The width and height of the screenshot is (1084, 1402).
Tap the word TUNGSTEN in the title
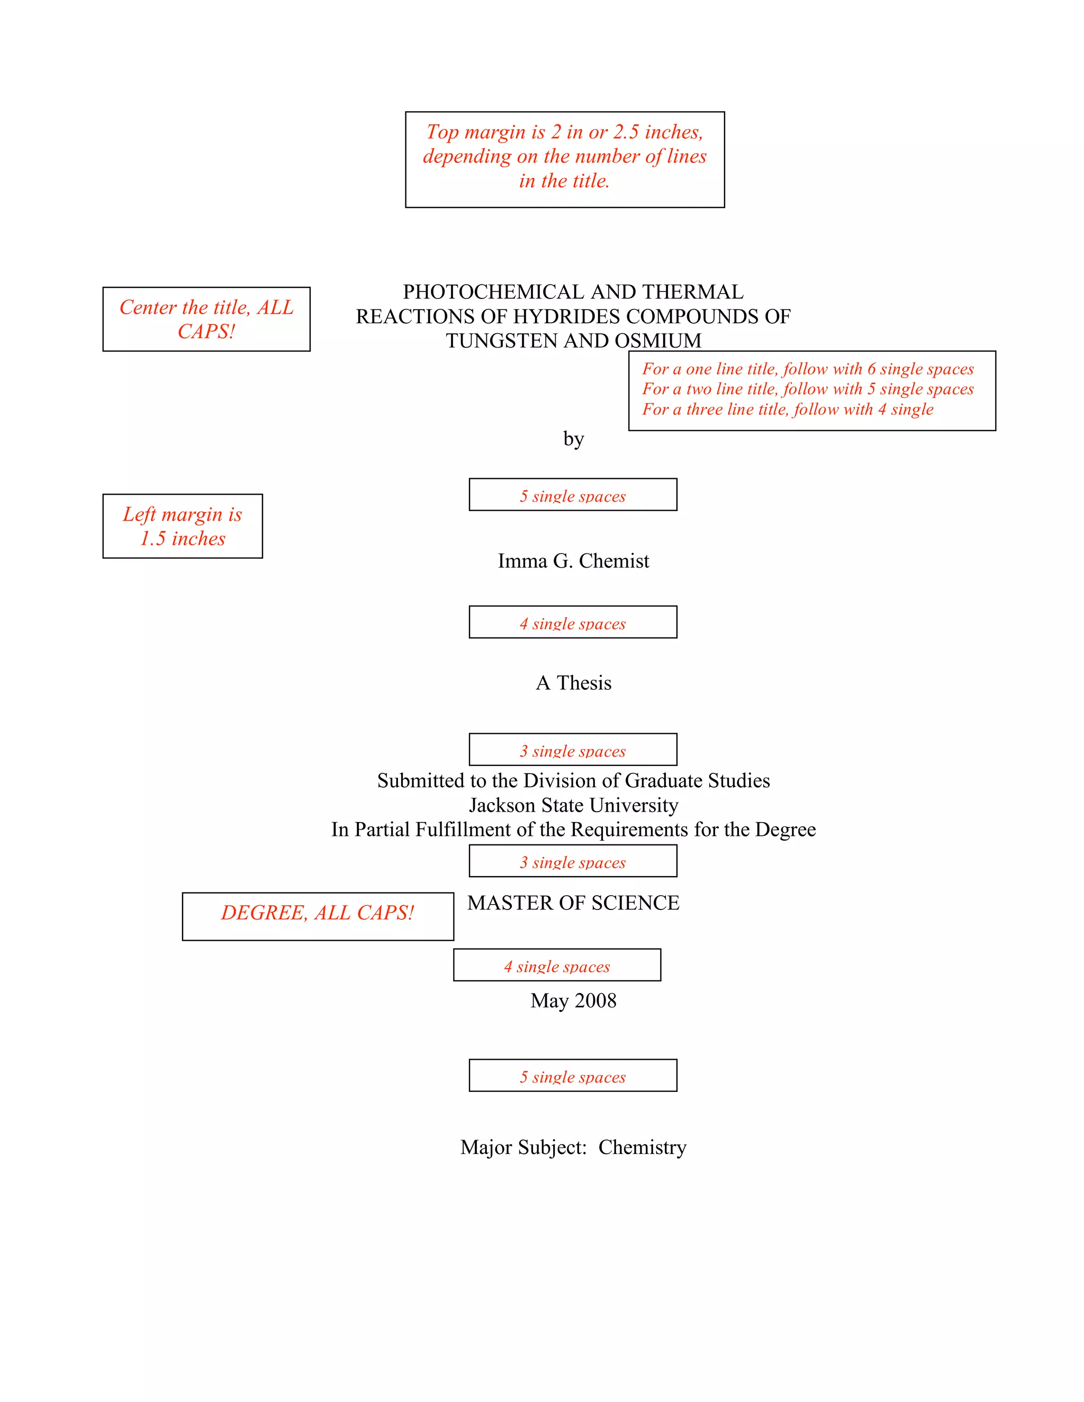pyautogui.click(x=493, y=341)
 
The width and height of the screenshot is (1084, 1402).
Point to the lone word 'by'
pyautogui.click(x=573, y=439)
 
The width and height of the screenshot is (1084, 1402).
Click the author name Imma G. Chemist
pyautogui.click(x=573, y=561)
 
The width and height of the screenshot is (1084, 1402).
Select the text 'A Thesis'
pyautogui.click(x=573, y=683)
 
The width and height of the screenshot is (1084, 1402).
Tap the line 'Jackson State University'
pyautogui.click(x=573, y=805)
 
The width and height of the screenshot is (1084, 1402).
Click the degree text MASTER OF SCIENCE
pyautogui.click(x=573, y=903)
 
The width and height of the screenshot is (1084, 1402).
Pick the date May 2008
pyautogui.click(x=573, y=1001)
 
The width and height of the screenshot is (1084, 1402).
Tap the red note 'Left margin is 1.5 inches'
pyautogui.click(x=183, y=526)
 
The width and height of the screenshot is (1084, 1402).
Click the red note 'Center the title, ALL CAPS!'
pyautogui.click(x=206, y=319)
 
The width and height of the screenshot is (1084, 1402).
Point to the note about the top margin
pyautogui.click(x=564, y=157)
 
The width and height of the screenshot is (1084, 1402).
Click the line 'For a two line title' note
pyautogui.click(x=808, y=389)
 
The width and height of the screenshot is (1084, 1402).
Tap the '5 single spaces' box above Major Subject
pyautogui.click(x=573, y=1077)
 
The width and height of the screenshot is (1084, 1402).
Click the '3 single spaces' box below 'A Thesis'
pyautogui.click(x=573, y=750)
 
